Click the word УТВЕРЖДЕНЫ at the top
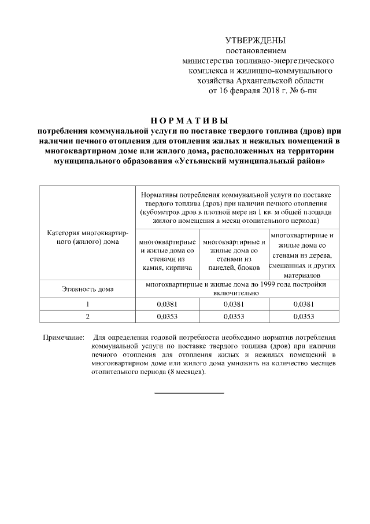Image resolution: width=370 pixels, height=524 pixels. coord(255,41)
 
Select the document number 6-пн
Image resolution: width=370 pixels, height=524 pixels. coord(306,90)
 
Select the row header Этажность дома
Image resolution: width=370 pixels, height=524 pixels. coord(87,288)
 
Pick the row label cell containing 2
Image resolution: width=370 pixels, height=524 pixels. coord(87,316)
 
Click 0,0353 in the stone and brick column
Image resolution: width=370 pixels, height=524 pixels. coord(166,316)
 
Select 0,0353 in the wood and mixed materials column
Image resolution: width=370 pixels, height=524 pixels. coord(304,316)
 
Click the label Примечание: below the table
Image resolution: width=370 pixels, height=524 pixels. coord(64,336)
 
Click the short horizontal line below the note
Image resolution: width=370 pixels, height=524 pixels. coord(188,393)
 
